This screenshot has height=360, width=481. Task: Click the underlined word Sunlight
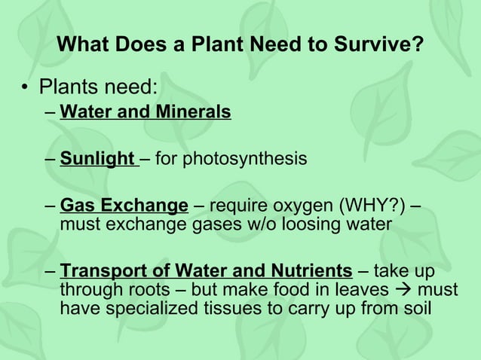pyautogui.click(x=97, y=159)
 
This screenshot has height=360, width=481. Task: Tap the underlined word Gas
pyautogui.click(x=75, y=206)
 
